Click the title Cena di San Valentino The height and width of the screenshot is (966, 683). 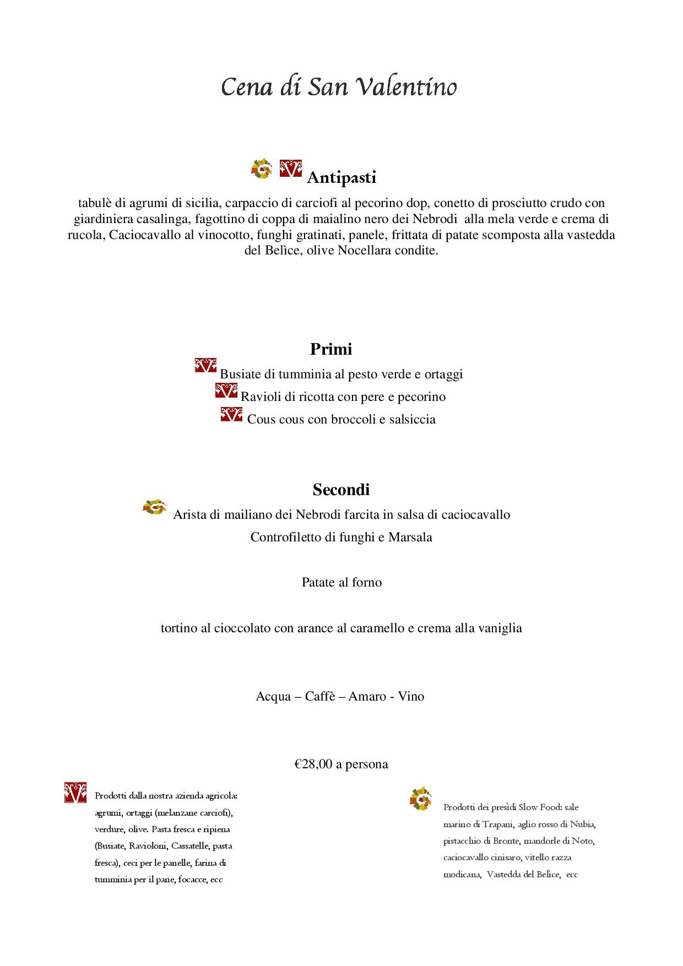pyautogui.click(x=339, y=87)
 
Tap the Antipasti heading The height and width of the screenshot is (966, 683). pyautogui.click(x=341, y=178)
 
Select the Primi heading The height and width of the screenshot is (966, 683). pyautogui.click(x=331, y=349)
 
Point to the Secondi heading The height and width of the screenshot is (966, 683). pyautogui.click(x=341, y=490)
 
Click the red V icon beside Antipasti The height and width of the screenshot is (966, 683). pyautogui.click(x=291, y=169)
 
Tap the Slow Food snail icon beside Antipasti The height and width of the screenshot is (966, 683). pyautogui.click(x=262, y=169)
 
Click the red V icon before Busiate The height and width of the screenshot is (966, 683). pyautogui.click(x=205, y=366)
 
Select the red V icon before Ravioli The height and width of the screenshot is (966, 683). pyautogui.click(x=226, y=390)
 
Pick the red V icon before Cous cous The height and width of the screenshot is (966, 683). pyautogui.click(x=231, y=414)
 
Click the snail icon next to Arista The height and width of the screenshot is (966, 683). pyautogui.click(x=155, y=507)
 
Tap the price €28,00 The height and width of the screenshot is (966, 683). pyautogui.click(x=313, y=764)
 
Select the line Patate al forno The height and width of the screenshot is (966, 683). pyautogui.click(x=341, y=583)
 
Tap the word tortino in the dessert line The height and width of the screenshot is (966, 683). pyautogui.click(x=178, y=628)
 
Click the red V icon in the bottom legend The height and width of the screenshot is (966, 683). pyautogui.click(x=75, y=792)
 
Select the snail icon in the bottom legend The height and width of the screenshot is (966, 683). pyautogui.click(x=421, y=799)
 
